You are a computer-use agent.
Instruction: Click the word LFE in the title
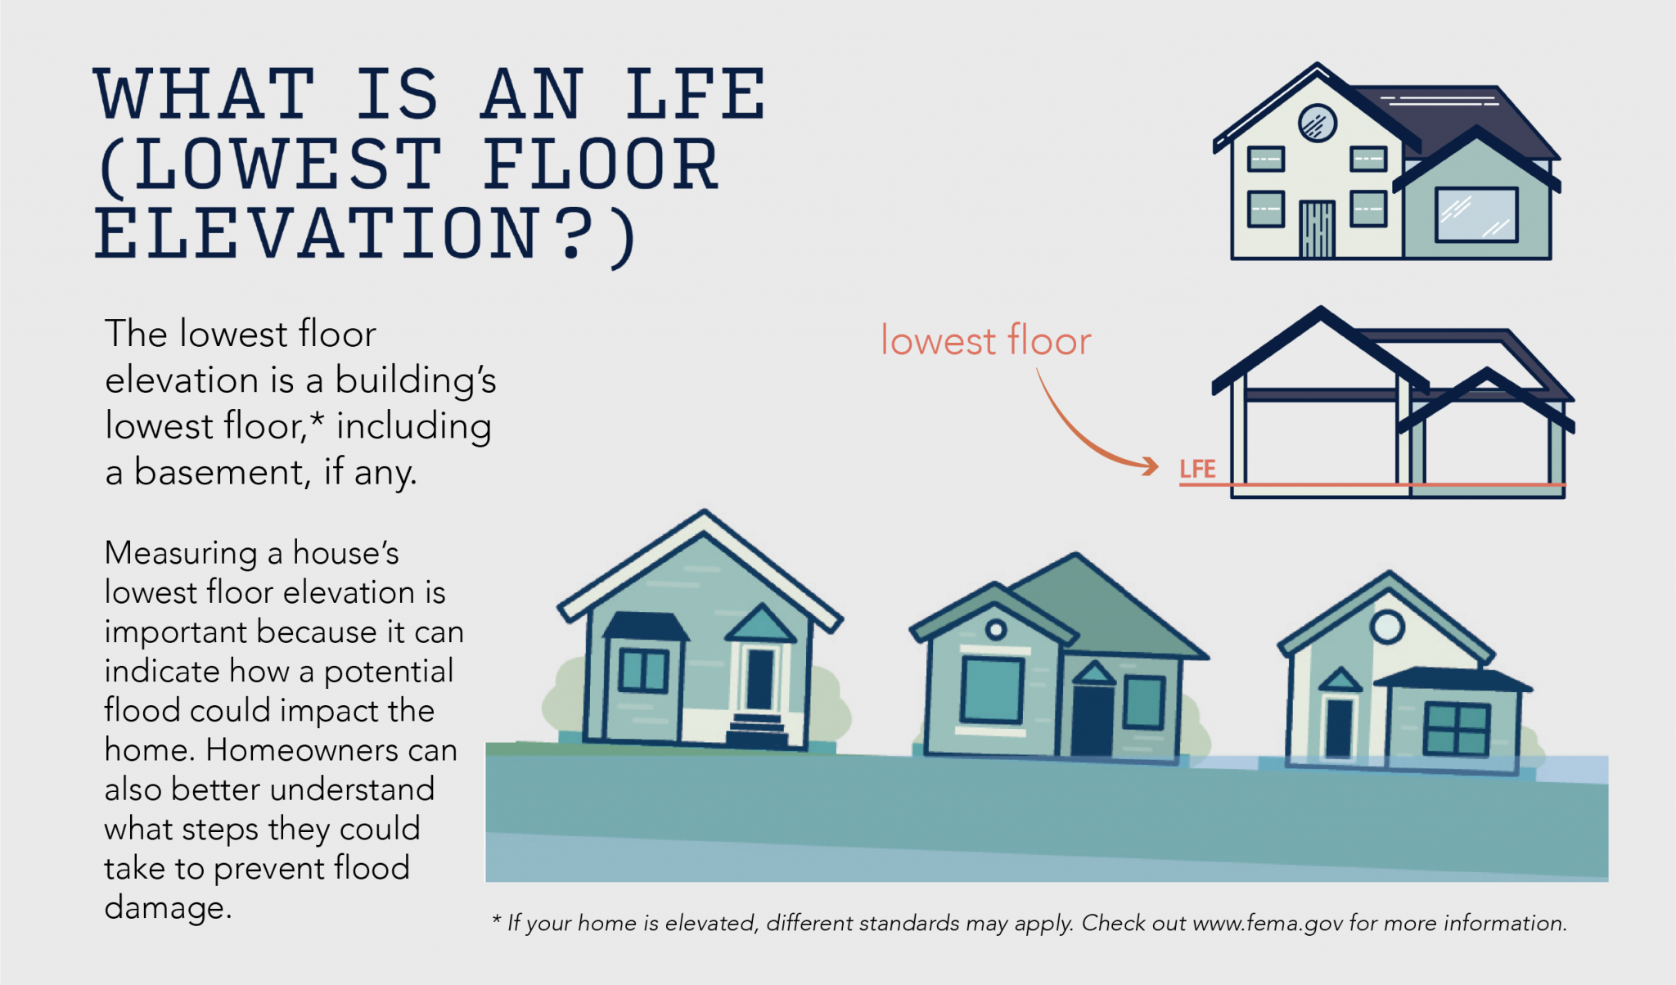tap(696, 94)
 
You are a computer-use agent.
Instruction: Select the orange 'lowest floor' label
tap(986, 340)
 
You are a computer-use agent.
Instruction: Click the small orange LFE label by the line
tap(1197, 470)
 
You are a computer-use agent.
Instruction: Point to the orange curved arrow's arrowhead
tap(1150, 466)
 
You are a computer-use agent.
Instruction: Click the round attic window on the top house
tap(1318, 124)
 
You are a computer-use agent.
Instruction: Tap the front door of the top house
tap(1317, 229)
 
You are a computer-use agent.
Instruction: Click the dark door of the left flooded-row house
tap(760, 678)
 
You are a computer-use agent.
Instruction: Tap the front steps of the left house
tap(757, 730)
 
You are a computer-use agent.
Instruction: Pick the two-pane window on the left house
tap(643, 670)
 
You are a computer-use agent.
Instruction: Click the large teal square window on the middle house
tap(992, 690)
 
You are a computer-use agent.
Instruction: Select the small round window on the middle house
tap(996, 629)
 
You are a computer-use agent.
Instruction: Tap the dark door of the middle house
tap(1093, 721)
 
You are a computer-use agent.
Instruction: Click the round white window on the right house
tap(1387, 627)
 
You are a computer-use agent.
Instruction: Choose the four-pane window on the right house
tap(1457, 729)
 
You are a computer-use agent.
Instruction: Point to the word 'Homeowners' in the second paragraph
tap(331, 749)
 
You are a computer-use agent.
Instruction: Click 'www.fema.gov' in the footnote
tap(1268, 924)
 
